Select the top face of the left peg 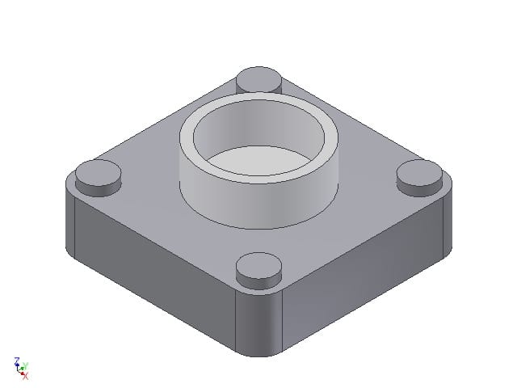(x=98, y=172)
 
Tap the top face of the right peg (x=420, y=171)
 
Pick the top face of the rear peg (x=259, y=78)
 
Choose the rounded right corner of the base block (x=447, y=218)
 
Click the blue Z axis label (x=17, y=361)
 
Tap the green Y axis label (x=25, y=365)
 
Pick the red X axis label (x=25, y=376)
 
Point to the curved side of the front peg (x=258, y=280)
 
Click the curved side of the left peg (x=97, y=188)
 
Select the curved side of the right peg (x=420, y=188)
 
